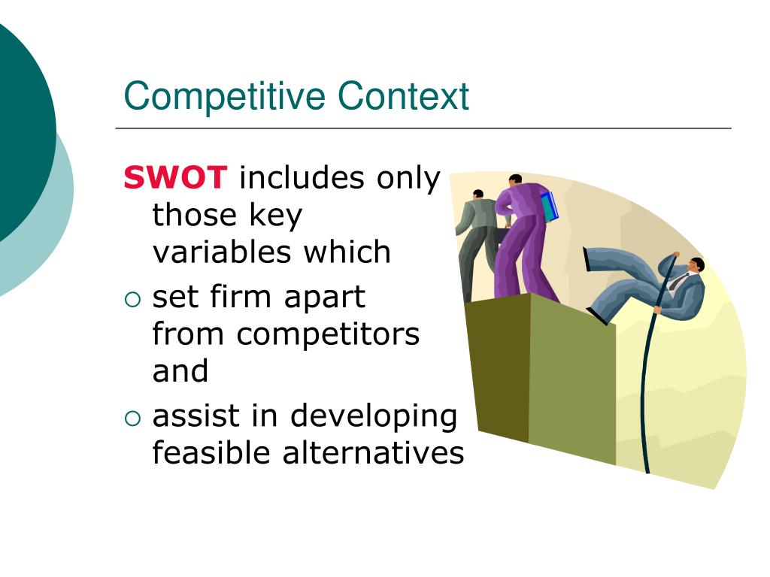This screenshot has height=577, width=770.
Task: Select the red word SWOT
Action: pyautogui.click(x=175, y=179)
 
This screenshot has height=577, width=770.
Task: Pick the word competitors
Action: pyautogui.click(x=328, y=334)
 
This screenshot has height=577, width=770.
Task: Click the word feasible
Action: pyautogui.click(x=213, y=453)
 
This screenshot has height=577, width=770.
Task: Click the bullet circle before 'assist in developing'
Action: pyautogui.click(x=132, y=418)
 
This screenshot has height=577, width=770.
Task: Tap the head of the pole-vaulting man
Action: pyautogui.click(x=696, y=265)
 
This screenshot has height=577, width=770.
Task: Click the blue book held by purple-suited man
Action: pyautogui.click(x=550, y=207)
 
